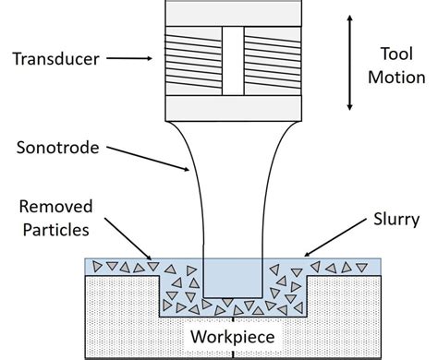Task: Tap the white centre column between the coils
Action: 232,59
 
